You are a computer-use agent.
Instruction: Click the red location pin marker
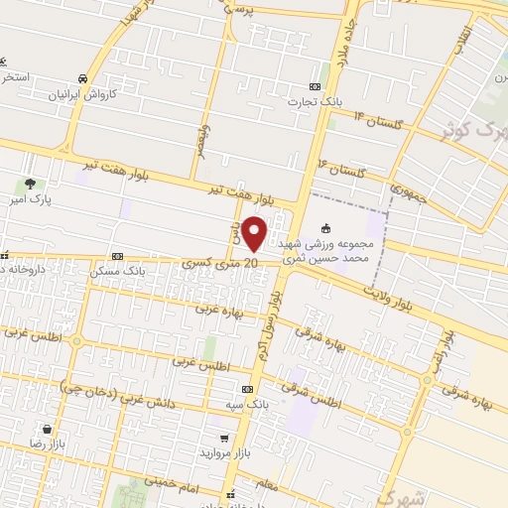(x=254, y=233)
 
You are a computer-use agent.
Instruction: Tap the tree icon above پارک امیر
(x=31, y=184)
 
